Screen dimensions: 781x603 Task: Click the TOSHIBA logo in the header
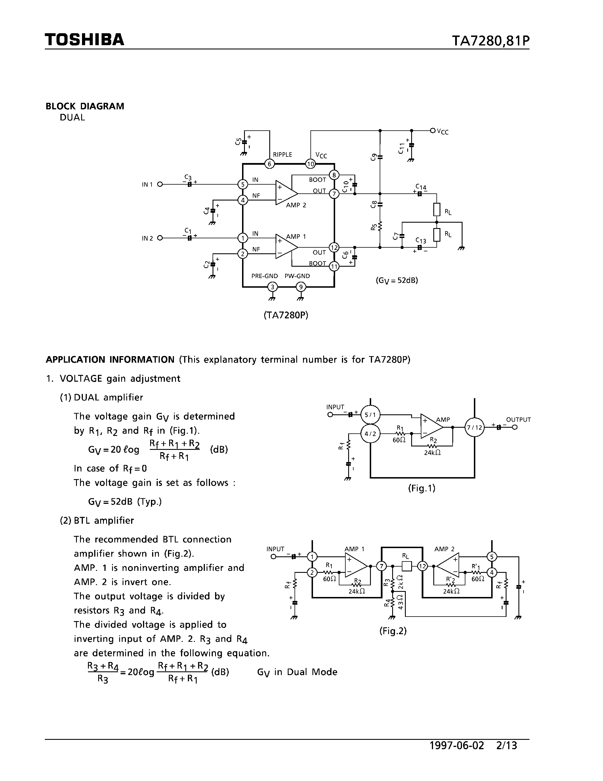84,40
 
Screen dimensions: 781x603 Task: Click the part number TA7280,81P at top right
490,41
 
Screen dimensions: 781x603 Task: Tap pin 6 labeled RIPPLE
269,164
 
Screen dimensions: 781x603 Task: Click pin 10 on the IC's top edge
310,164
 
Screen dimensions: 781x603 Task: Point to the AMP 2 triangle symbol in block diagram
286,193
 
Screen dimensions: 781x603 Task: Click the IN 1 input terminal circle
160,185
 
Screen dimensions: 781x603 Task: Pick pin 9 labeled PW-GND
301,287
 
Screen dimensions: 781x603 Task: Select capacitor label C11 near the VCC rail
402,148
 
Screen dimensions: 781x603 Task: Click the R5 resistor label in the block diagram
374,227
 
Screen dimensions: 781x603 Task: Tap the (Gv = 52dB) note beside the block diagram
396,280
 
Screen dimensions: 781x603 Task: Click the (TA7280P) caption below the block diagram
286,315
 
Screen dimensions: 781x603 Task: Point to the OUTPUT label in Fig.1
518,419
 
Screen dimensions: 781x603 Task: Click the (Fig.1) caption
421,488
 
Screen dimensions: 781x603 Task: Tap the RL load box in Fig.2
407,566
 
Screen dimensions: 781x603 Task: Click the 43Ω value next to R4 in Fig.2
400,602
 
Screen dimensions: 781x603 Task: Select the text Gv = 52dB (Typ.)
125,502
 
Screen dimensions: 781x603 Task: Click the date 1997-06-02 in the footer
457,745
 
